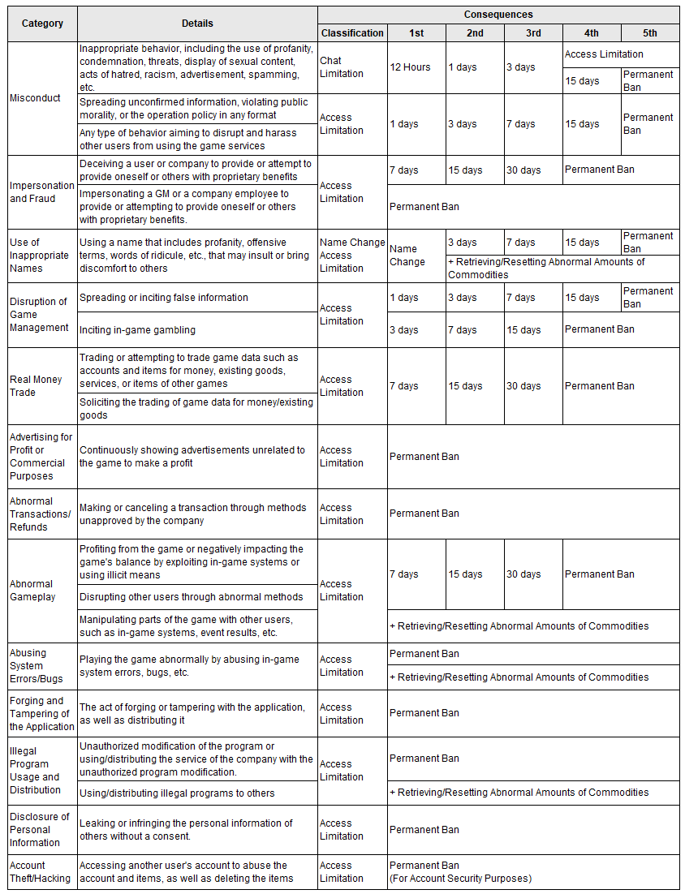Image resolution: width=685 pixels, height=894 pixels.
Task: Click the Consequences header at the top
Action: tap(498, 15)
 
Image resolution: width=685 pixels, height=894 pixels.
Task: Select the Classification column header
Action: tap(352, 33)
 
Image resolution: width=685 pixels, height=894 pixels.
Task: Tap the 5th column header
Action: tap(649, 33)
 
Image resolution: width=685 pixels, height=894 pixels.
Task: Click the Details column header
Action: tap(197, 24)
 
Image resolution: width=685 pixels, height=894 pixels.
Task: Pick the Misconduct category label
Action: tap(35, 98)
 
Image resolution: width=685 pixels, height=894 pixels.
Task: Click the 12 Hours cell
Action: tap(410, 67)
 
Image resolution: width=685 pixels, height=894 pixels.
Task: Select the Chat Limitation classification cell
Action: tap(342, 67)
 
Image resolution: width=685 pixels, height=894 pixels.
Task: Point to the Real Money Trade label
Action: tap(36, 386)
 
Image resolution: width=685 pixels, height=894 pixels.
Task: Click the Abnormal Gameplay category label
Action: tap(32, 591)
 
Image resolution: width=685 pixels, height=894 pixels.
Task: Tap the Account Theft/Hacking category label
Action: tap(40, 871)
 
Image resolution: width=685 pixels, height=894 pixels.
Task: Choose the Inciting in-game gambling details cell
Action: tap(137, 330)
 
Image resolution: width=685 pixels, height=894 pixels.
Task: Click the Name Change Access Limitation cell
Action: tap(352, 256)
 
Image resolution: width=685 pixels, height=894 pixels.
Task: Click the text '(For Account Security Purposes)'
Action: tap(460, 878)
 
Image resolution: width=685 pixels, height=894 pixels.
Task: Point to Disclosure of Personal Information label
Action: tap(40, 829)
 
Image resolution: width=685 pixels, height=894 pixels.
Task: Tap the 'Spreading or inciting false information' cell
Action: tap(164, 298)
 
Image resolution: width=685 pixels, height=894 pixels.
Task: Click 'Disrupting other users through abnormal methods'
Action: tap(192, 597)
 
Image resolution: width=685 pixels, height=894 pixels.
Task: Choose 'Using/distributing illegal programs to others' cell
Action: tap(177, 793)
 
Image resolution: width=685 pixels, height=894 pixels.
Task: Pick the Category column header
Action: tap(42, 24)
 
